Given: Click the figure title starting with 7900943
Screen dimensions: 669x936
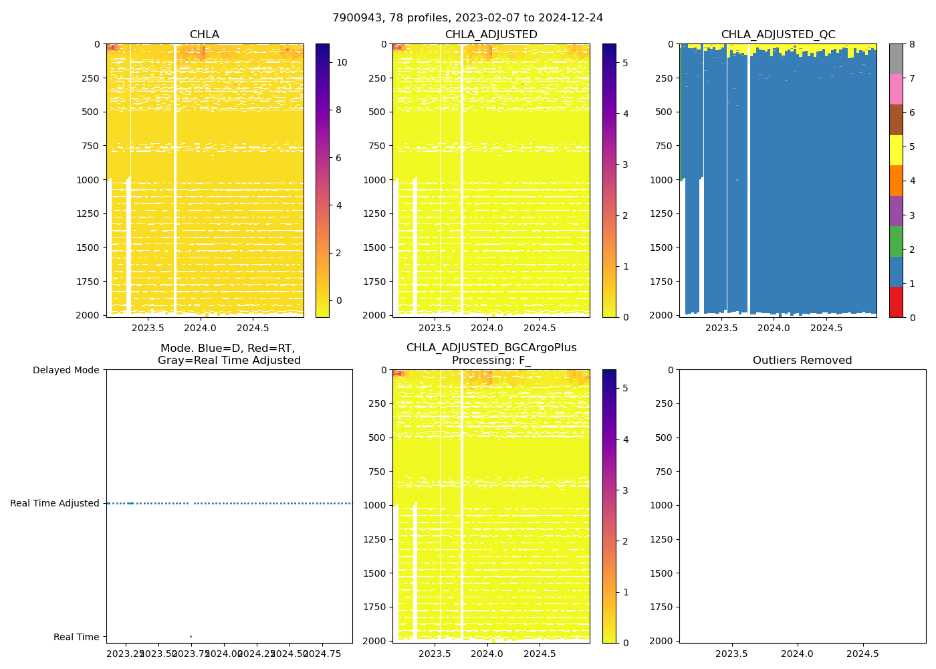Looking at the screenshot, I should (x=467, y=18).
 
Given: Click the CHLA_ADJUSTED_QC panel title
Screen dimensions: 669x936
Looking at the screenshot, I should (x=778, y=35).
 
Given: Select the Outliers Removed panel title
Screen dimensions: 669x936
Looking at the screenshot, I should (x=802, y=361).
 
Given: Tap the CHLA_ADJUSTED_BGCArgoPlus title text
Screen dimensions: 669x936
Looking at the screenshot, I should (x=491, y=348).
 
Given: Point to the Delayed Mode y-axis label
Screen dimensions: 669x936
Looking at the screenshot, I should (x=66, y=370).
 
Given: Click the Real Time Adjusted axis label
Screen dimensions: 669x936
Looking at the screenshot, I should (x=54, y=503).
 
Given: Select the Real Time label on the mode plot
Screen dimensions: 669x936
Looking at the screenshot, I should (x=76, y=637).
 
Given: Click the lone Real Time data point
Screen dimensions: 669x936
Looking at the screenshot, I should (x=191, y=636).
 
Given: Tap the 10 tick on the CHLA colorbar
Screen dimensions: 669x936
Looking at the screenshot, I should (x=342, y=62).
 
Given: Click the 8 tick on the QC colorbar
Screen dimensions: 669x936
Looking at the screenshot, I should (x=911, y=44).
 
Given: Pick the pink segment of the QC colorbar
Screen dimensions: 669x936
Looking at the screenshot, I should (x=896, y=89).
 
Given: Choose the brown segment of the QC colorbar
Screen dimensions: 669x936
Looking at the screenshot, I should (x=896, y=120).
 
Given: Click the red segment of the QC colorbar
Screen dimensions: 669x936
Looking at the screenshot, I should (x=896, y=302).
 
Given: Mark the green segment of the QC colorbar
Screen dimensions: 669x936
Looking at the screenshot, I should (x=896, y=241).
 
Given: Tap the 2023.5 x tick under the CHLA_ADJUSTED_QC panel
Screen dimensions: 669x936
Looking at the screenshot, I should (x=721, y=328).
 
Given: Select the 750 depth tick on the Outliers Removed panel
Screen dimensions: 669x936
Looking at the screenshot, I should (x=664, y=471).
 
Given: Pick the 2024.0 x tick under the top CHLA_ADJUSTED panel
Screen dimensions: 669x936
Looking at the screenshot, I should (x=487, y=328).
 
